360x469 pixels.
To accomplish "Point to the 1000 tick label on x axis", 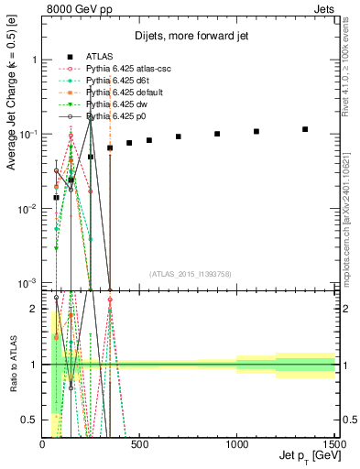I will (x=236, y=443).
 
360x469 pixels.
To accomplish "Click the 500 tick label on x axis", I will (x=140, y=443).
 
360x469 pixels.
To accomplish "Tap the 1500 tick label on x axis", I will (x=333, y=443).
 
